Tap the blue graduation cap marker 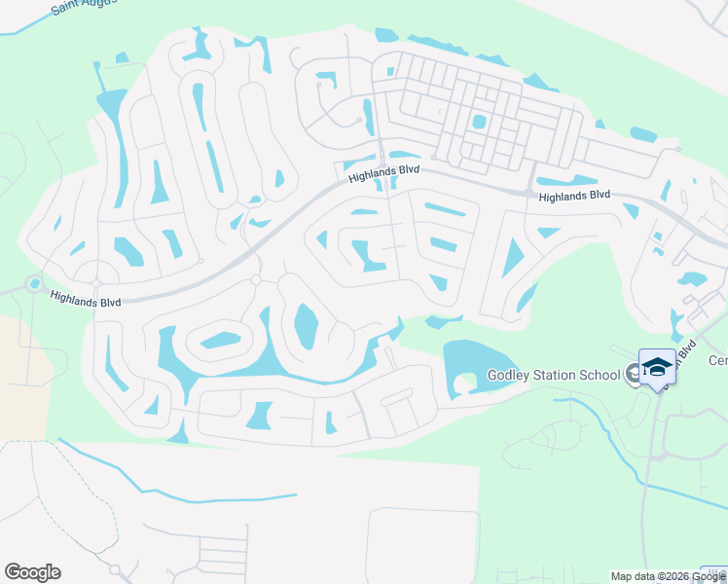tap(657, 367)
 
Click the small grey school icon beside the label tap(633, 373)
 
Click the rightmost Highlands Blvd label tap(574, 195)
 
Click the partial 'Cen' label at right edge tap(717, 361)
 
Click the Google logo tap(32, 572)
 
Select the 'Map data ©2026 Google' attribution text tap(669, 576)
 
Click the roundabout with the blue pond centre tap(35, 284)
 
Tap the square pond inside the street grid tap(478, 123)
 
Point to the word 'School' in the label tap(598, 376)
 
